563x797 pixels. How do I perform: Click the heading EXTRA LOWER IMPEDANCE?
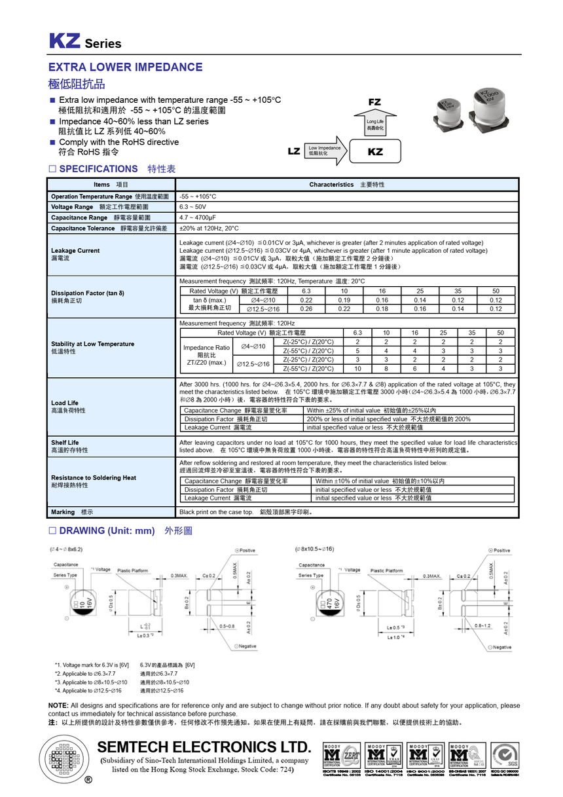point(125,67)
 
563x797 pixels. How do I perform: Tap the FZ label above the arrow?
point(374,102)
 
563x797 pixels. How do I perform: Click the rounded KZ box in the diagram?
point(375,151)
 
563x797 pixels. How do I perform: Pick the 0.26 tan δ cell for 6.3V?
point(306,309)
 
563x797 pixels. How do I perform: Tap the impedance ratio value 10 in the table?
point(357,369)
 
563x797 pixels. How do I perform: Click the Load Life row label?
point(65,403)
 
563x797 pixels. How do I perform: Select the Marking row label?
point(63,512)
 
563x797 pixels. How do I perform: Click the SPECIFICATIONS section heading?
point(98,169)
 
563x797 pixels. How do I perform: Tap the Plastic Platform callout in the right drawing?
point(387,570)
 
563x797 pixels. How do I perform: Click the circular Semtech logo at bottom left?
point(65,761)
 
